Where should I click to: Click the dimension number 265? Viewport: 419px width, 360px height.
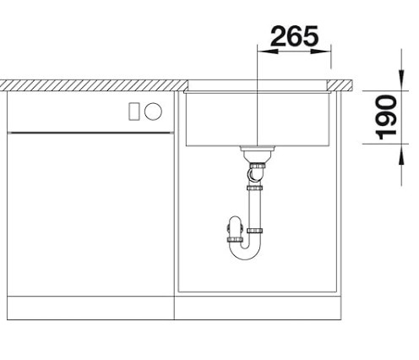point(294,36)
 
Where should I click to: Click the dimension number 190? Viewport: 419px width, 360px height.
point(386,117)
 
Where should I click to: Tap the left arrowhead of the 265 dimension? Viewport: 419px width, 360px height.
point(268,52)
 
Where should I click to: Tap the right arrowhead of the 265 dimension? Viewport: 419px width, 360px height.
point(320,52)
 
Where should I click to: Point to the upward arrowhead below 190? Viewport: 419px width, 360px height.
point(401,155)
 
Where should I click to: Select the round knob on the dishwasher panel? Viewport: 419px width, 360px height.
point(153,112)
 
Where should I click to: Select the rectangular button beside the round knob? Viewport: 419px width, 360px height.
point(134,112)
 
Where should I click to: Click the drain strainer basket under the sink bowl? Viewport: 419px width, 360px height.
point(258,153)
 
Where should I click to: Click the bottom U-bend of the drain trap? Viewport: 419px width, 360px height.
point(244,252)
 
